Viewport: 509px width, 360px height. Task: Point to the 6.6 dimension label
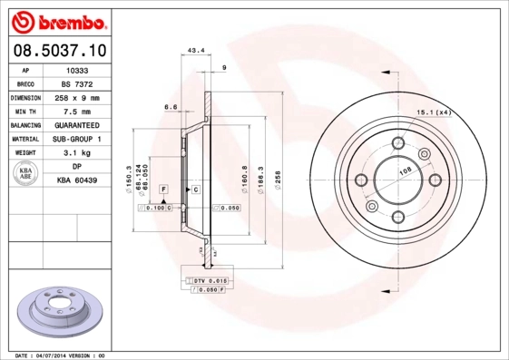170,107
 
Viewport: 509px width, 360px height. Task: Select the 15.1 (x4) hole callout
434,112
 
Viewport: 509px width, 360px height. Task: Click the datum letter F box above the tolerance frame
164,188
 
